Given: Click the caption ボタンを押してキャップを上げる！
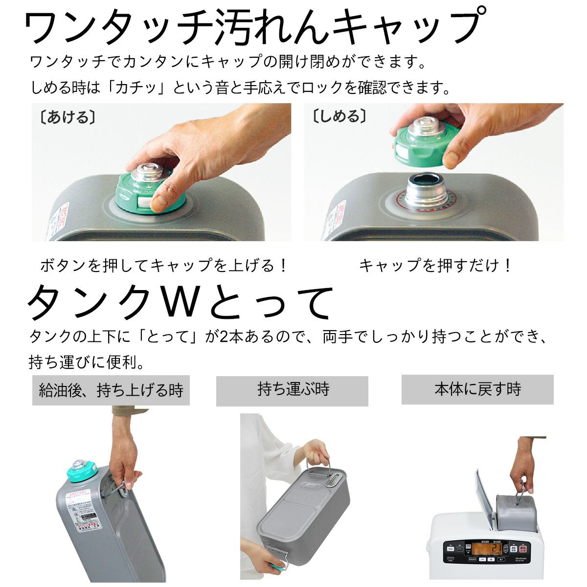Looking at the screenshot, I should point(164,266).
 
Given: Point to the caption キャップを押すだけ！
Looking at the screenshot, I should point(435,266).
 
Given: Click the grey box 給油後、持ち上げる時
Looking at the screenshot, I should point(111,390).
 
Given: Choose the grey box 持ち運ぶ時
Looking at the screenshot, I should point(292,390).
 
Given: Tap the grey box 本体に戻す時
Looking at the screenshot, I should point(477,389).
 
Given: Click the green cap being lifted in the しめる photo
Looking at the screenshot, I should point(421,144).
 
